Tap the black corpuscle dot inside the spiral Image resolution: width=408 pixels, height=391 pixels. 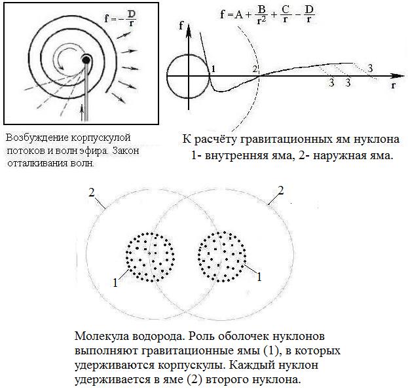pos(86,61)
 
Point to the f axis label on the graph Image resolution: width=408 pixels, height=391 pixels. pos(181,26)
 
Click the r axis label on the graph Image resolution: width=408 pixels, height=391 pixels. pos(392,84)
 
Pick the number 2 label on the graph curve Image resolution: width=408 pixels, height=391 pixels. pos(255,69)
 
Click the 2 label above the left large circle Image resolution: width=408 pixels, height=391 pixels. pos(92,193)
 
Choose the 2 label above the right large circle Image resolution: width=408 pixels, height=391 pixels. pos(280,190)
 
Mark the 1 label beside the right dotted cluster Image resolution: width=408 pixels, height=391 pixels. pos(259,277)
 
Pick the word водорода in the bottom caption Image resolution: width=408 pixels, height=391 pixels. pos(157,337)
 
